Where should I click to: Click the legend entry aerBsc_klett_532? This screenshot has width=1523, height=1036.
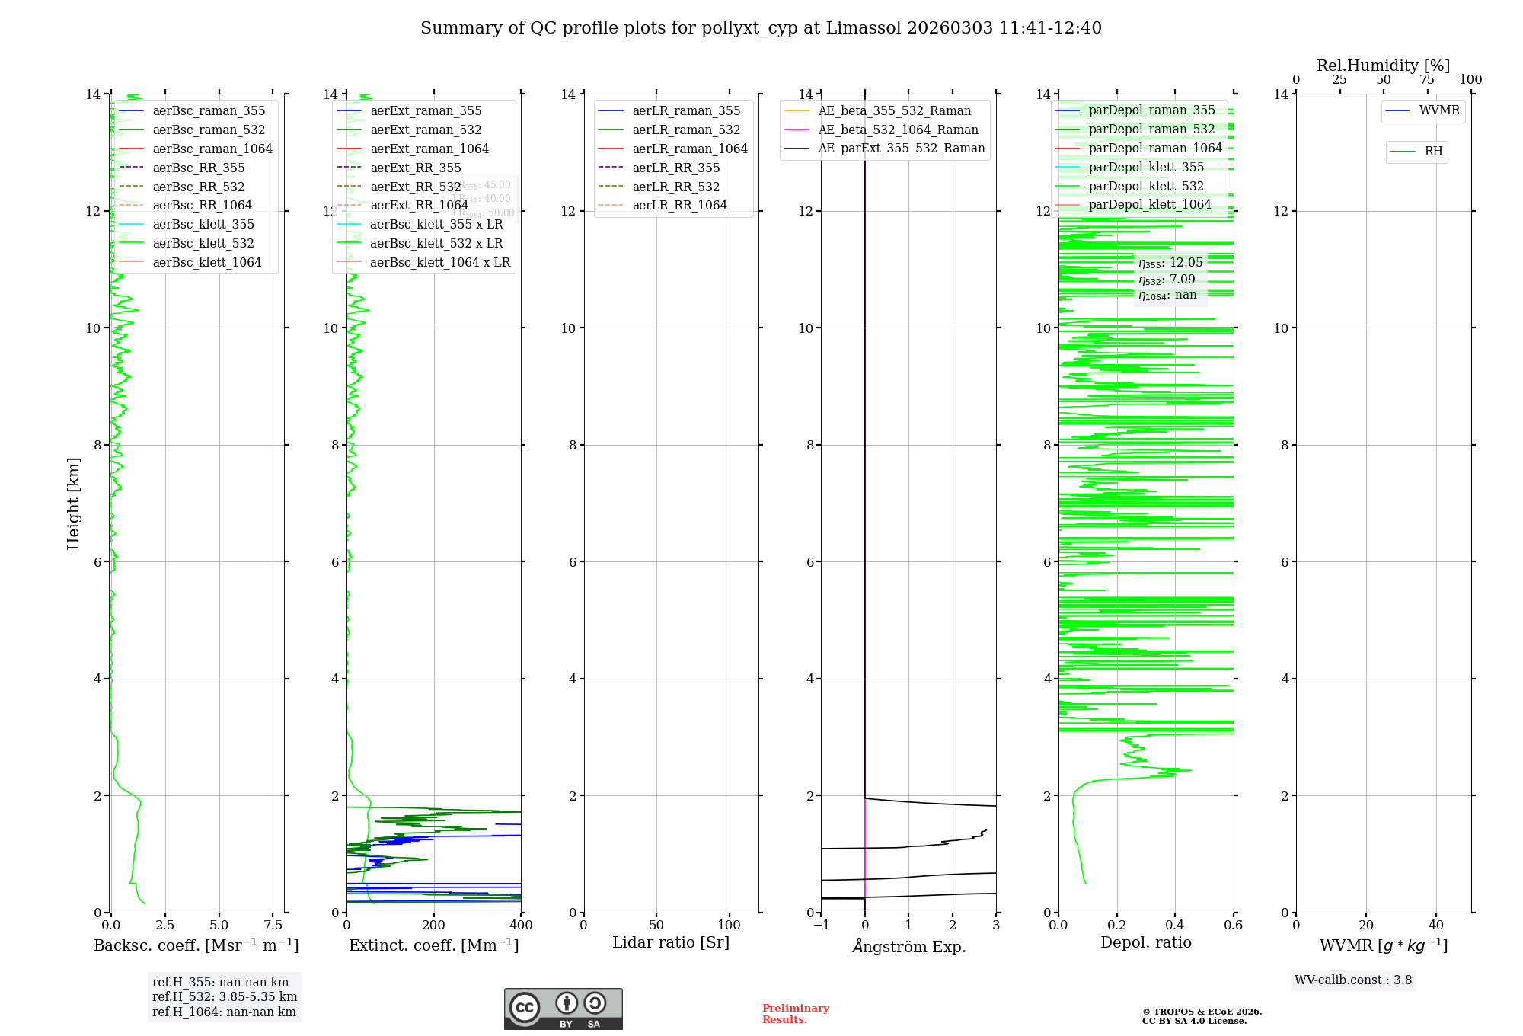(203, 243)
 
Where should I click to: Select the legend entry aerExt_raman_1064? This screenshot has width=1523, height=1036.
(429, 149)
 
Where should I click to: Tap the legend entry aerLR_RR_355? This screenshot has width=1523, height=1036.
(675, 168)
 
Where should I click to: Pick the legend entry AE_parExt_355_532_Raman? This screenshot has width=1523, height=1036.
(901, 148)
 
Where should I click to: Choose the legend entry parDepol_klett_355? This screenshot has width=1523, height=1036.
(1146, 167)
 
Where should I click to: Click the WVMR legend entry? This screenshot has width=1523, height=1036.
(1439, 110)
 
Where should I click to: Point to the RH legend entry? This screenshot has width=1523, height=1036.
(1433, 152)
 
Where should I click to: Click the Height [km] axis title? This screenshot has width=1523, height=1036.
(73, 504)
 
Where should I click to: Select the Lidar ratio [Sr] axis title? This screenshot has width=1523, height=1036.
(671, 942)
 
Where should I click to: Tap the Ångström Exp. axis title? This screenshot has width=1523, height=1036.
(908, 946)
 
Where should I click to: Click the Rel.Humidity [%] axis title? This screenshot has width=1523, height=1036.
(1383, 66)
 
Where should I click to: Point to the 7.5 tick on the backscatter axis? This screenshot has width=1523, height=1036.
(273, 925)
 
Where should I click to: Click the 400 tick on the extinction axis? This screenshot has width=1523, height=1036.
(522, 925)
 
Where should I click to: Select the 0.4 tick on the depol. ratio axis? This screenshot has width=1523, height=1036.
(1175, 925)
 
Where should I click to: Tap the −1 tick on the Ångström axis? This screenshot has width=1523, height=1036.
(821, 925)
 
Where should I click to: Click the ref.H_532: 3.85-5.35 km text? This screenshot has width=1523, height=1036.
(225, 996)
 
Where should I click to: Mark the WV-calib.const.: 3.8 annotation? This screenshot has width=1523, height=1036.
(1353, 980)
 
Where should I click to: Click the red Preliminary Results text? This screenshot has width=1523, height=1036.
(795, 1013)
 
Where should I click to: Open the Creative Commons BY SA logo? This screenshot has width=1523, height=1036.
(563, 1009)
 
